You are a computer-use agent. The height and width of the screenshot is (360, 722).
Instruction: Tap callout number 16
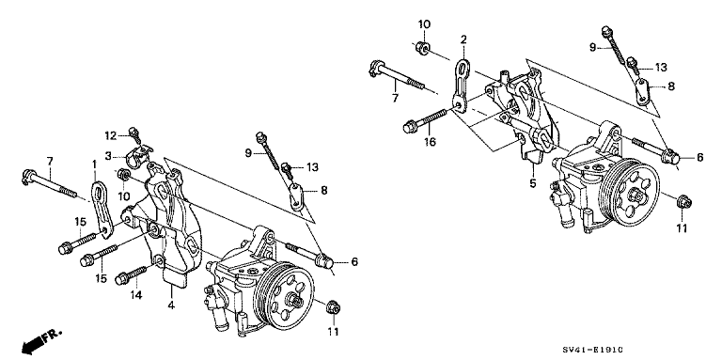pyautogui.click(x=430, y=143)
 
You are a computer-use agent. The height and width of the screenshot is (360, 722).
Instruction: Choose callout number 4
pyautogui.click(x=172, y=305)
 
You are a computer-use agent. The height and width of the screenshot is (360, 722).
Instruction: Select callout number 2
pyautogui.click(x=463, y=39)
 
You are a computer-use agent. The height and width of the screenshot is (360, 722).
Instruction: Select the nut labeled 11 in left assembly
pyautogui.click(x=331, y=307)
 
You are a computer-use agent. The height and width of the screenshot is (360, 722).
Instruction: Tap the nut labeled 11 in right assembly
pyautogui.click(x=681, y=200)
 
